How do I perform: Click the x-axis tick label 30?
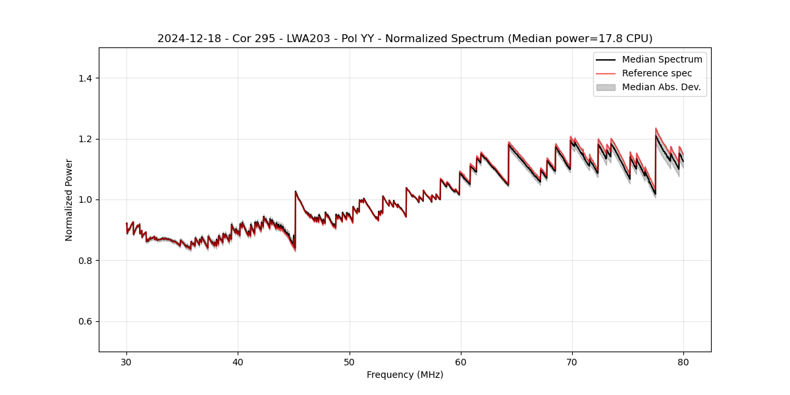coord(126,362)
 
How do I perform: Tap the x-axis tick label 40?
coord(238,362)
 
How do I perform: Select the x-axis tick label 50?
coord(349,362)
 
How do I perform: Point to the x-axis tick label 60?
coord(460,362)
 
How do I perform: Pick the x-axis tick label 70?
coord(571,362)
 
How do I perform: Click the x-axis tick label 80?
coord(683,362)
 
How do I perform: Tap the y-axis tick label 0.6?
coord(85,321)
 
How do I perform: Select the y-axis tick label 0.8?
coord(85,261)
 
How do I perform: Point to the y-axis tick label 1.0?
coord(85,199)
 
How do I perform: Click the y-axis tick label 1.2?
coord(85,139)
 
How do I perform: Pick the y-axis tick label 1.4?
coord(85,78)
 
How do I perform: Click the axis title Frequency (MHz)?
coord(405,375)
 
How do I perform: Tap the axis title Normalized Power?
coord(69,199)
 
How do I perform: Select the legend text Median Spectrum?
coord(662,59)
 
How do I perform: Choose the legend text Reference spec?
coord(657,73)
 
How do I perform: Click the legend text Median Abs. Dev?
coord(661,87)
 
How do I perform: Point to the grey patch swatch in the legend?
coord(605,87)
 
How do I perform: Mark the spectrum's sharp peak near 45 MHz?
coord(296,192)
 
